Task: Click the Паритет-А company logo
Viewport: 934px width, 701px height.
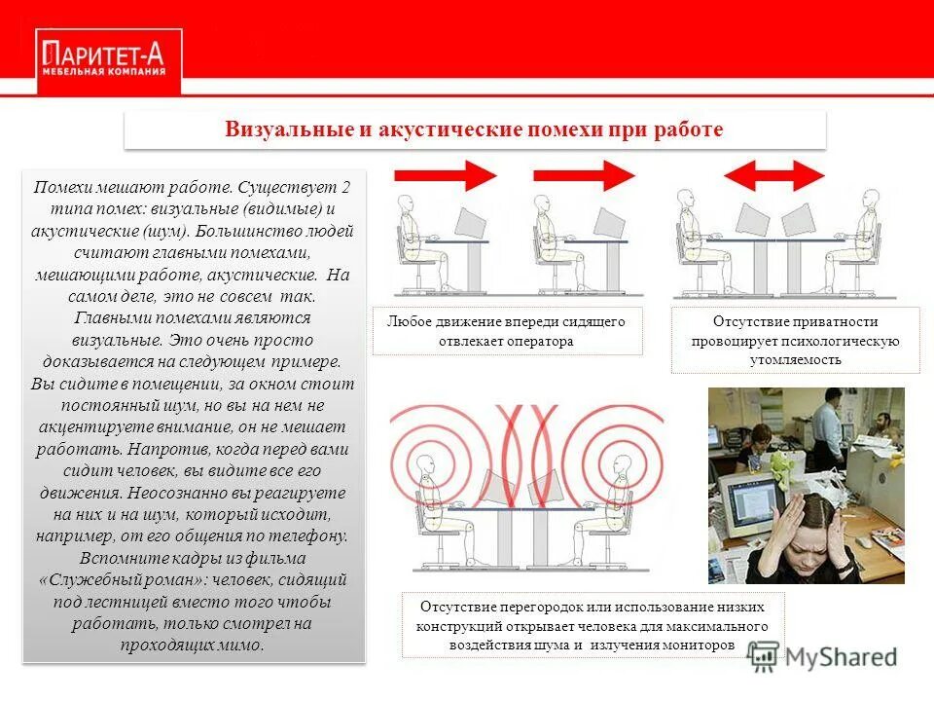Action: pos(103,59)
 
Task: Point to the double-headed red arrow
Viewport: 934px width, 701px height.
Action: pos(774,175)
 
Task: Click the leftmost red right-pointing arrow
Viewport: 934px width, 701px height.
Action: pos(444,175)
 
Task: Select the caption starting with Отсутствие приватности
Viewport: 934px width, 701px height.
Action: pos(795,340)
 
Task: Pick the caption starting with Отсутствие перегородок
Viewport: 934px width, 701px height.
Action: pos(593,625)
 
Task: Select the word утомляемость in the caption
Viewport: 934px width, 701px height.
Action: pos(795,359)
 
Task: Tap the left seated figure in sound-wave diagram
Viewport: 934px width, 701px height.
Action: pos(428,487)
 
